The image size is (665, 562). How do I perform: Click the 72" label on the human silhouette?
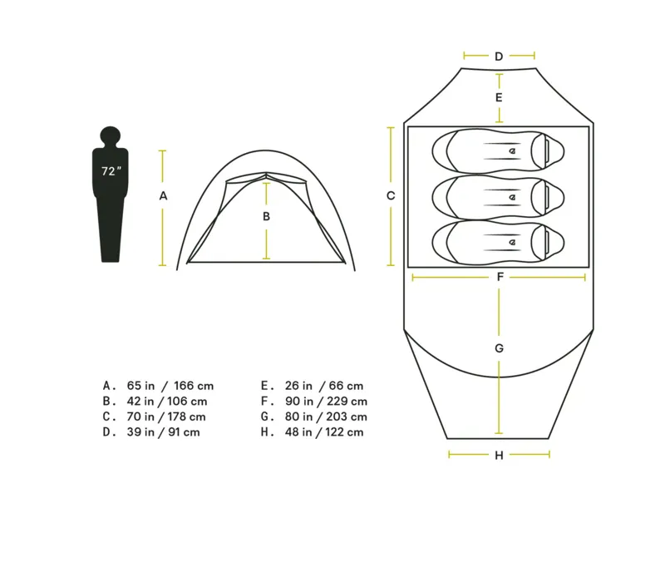coord(111,171)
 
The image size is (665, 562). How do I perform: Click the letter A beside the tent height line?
coord(164,196)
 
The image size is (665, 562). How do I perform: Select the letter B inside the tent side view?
coord(266,216)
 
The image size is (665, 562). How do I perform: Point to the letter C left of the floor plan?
coord(391,196)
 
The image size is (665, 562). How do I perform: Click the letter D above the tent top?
coord(499,57)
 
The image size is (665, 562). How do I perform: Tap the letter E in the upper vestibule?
coord(499,97)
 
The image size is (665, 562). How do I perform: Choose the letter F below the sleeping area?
coord(500,277)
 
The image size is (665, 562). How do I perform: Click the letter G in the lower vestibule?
coord(499,348)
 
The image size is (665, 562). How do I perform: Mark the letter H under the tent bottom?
coord(499,455)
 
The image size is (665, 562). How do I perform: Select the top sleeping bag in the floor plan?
coord(499,150)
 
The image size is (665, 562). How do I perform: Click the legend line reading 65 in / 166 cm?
coord(170,386)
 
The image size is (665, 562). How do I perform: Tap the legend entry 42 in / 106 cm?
coord(167,401)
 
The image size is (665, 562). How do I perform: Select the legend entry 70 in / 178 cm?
coord(165,417)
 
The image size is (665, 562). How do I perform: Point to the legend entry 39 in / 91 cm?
coord(163,432)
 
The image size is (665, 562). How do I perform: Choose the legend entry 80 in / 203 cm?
coord(324,417)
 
